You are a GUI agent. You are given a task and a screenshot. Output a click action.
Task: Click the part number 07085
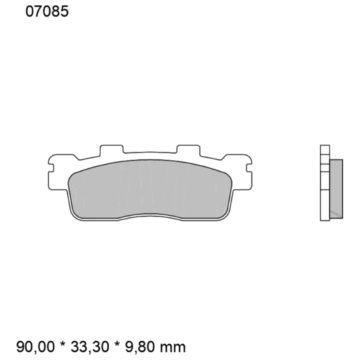pos(46,12)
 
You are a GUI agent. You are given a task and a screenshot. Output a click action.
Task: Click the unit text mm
pos(176,345)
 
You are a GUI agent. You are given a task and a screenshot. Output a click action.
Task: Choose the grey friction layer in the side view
pos(336,187)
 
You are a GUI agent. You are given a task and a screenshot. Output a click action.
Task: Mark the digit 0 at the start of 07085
pos(29,12)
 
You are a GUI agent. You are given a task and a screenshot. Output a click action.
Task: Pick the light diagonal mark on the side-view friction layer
pos(335,208)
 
